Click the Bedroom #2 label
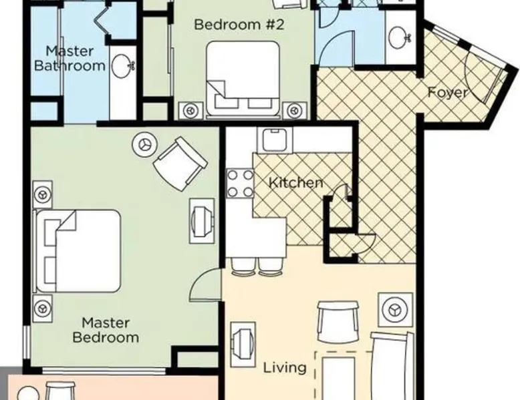[x=239, y=25]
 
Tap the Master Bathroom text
[x=70, y=58]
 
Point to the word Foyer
[x=447, y=92]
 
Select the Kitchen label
[x=296, y=182]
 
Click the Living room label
[x=285, y=367]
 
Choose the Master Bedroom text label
[x=106, y=330]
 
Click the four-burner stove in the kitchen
[x=240, y=183]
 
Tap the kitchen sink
[x=275, y=140]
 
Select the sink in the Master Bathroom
[x=122, y=65]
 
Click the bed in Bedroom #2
[x=243, y=79]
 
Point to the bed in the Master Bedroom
[x=78, y=251]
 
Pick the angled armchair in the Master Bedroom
[x=180, y=164]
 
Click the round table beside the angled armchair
[x=144, y=145]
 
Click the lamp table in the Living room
[x=395, y=310]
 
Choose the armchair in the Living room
[x=338, y=322]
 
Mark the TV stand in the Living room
[x=243, y=345]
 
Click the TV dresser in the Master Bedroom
[x=202, y=222]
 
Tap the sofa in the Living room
[x=392, y=365]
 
